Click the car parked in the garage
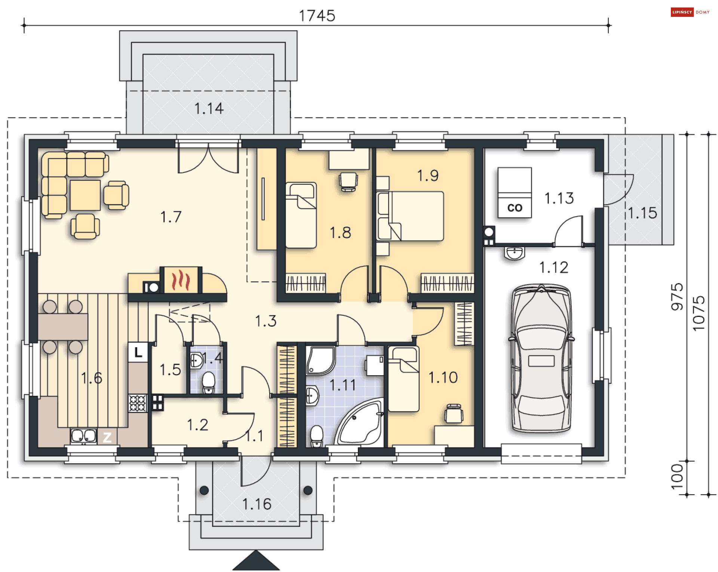(541, 358)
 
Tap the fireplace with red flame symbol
(181, 280)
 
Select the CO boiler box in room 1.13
(515, 192)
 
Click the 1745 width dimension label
(317, 16)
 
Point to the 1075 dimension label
(699, 313)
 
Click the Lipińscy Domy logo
(690, 12)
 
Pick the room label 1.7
(171, 217)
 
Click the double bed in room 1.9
(411, 216)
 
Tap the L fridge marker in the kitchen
(138, 352)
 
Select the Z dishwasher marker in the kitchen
(107, 437)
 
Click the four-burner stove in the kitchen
(138, 403)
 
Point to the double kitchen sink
(83, 436)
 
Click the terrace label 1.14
(209, 108)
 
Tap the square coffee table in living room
(85, 195)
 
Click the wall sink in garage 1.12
(515, 253)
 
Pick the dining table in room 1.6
(63, 327)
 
